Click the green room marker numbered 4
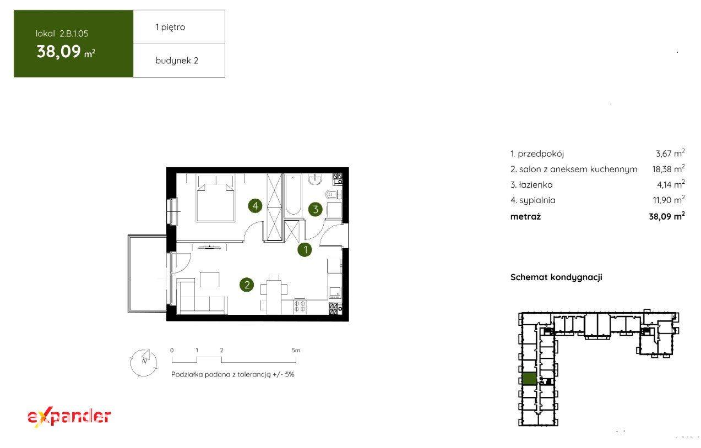pos(255,206)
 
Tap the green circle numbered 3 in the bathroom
pos(316,209)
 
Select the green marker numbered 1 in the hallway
pos(305,250)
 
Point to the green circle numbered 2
pos(247,285)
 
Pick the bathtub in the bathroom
pos(294,195)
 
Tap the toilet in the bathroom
pos(333,194)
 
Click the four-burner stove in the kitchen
pos(300,306)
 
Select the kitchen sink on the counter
pos(335,292)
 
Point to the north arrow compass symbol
pos(144,363)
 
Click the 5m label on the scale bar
pos(296,351)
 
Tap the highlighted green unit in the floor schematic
pos(530,379)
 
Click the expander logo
pos(69,418)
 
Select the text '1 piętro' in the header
pos(170,27)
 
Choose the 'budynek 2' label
pos(177,61)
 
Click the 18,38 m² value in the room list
pos(669,168)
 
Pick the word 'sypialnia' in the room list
pos(537,200)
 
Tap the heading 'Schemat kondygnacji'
pos(556,277)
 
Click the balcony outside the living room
pos(147,274)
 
